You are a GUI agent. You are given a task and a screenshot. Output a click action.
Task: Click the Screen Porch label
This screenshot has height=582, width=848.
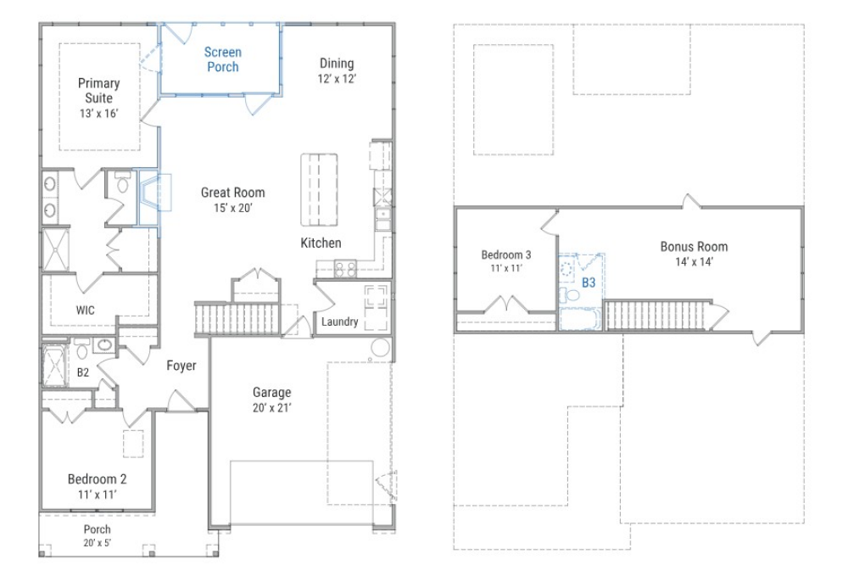pos(221,59)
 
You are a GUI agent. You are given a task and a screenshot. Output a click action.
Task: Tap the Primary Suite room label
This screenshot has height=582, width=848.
pos(98,90)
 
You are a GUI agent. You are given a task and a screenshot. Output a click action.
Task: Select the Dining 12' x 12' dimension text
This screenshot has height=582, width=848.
pos(337,78)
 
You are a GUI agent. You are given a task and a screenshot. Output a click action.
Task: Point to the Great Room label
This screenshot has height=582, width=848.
pos(232,193)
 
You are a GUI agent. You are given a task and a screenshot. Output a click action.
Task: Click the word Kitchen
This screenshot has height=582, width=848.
pos(321,243)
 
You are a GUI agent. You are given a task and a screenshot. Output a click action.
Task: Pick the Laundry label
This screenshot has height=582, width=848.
pos(339,322)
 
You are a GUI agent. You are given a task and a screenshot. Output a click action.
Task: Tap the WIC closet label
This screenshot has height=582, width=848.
pos(85,310)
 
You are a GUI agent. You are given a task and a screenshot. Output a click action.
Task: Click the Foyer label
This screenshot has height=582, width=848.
pos(181,366)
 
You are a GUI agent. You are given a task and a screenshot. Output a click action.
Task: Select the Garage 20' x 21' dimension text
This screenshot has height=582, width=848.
pos(271,407)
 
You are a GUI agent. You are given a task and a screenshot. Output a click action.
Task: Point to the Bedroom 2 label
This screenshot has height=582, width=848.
pos(98,479)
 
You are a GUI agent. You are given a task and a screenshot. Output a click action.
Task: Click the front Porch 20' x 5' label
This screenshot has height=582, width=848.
pos(97,535)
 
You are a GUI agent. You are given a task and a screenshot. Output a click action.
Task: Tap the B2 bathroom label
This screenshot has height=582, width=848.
pos(83,372)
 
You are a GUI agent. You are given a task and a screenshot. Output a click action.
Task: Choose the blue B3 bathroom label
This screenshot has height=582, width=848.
pos(589,283)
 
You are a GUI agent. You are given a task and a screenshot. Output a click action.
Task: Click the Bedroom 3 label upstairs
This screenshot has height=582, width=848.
pos(506,255)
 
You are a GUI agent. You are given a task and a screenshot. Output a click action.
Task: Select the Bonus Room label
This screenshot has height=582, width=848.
pos(694,247)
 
